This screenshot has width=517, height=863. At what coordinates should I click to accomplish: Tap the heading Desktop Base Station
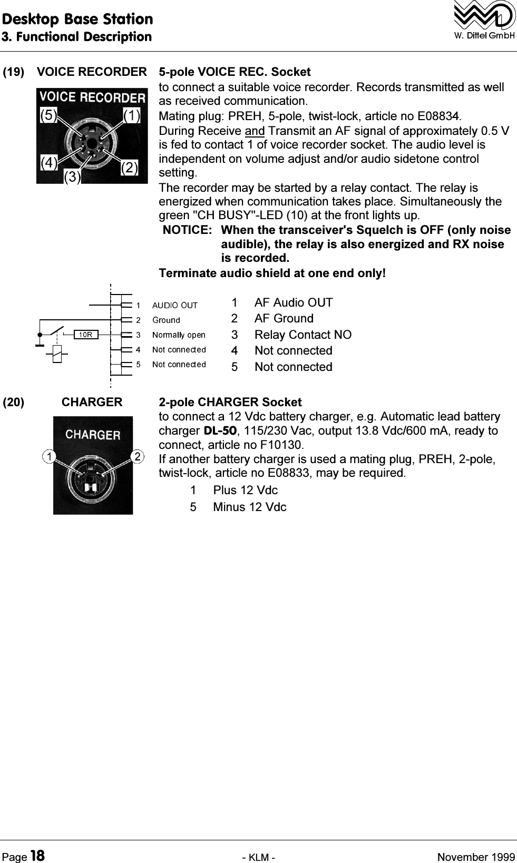pos(77,19)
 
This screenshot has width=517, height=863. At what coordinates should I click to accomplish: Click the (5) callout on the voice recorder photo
pos(48,115)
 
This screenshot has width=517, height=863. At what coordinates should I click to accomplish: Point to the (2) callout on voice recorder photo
pos(129,168)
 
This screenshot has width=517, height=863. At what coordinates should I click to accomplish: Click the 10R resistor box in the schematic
pos(86,334)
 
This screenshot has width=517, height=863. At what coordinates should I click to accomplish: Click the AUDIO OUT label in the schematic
pos(174,305)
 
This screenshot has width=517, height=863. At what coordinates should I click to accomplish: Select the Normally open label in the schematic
pos(179,335)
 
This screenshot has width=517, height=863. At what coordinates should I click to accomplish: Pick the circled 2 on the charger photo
pos(137,455)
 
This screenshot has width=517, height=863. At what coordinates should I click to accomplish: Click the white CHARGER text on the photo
pos(93,435)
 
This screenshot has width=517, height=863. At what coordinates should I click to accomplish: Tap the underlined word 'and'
pos(255,131)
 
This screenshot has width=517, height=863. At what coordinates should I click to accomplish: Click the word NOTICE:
pos(188,230)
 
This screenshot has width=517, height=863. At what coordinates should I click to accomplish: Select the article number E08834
pos(440,115)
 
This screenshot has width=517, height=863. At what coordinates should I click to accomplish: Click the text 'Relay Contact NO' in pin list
pos(303,335)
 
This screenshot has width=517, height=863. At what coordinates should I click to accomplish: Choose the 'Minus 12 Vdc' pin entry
pos(249,507)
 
